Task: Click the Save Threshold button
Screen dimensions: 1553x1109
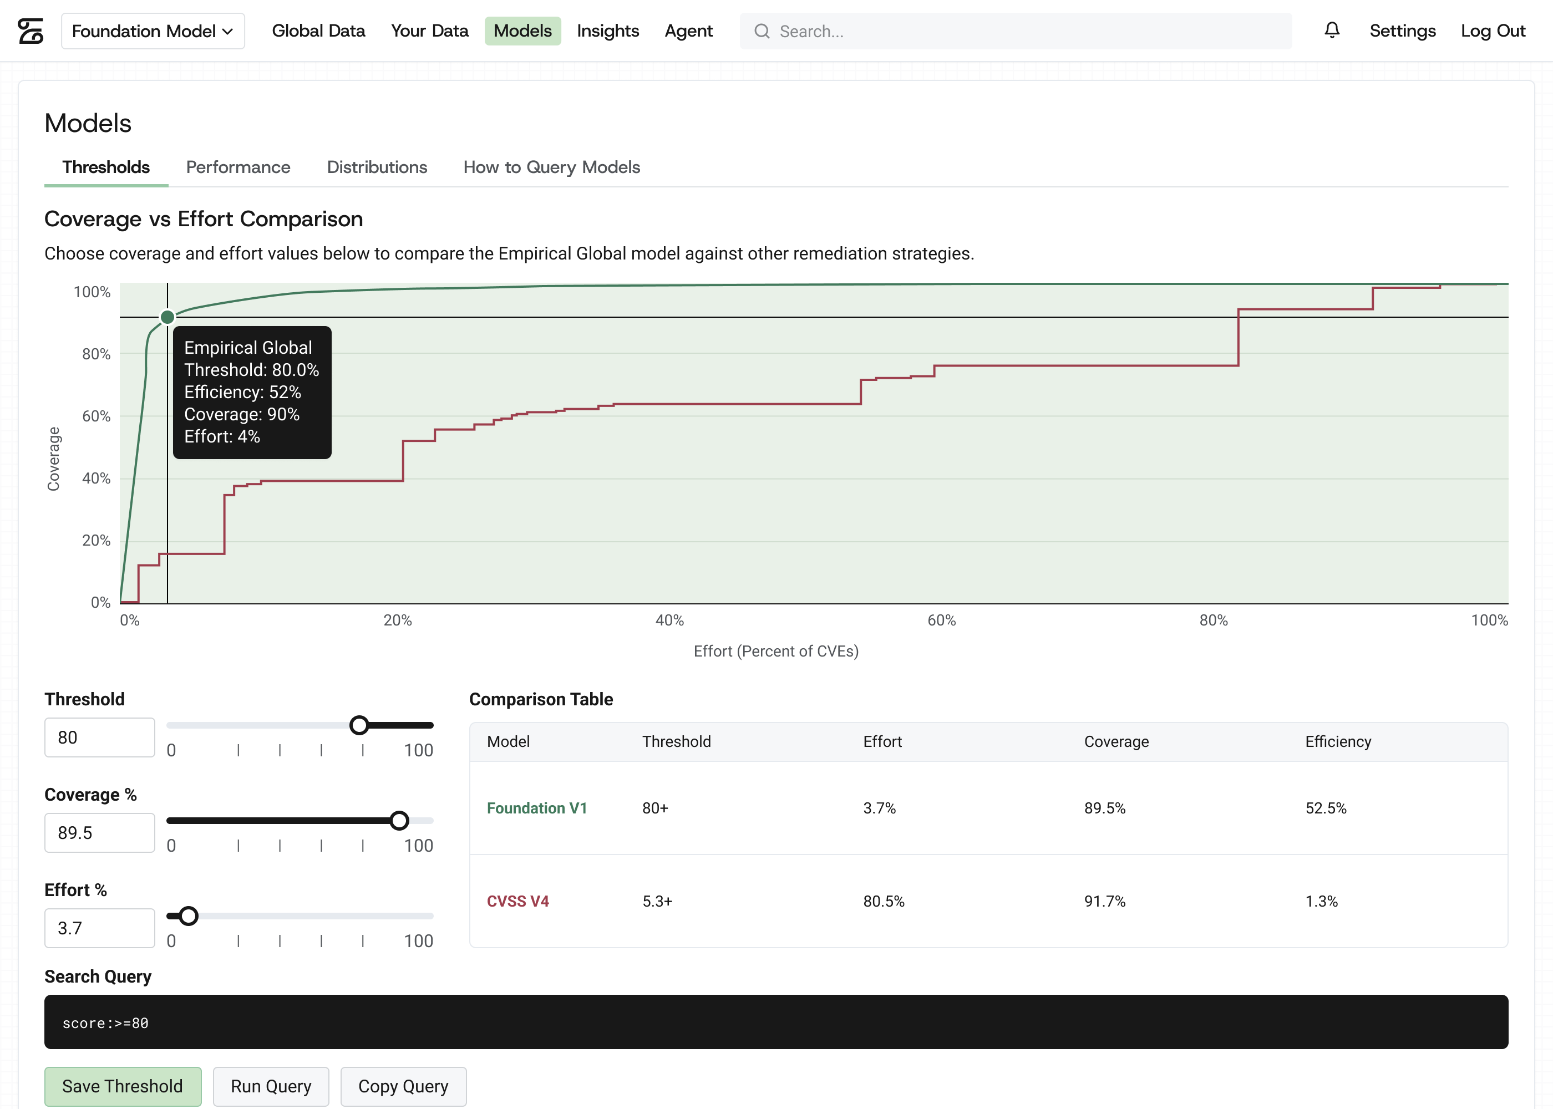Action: coord(123,1086)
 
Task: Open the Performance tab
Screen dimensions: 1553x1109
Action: coord(238,167)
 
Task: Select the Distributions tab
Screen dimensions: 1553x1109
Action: coord(377,167)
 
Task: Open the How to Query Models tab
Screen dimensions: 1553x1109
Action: coord(552,167)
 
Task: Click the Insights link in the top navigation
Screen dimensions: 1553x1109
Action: coord(608,30)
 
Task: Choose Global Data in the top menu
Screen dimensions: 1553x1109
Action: coord(318,30)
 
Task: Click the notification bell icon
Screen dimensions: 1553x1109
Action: coord(1332,30)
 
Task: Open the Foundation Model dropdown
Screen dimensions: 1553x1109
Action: coord(153,30)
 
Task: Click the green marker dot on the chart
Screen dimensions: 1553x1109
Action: coord(168,317)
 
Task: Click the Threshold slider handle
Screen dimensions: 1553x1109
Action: coord(359,725)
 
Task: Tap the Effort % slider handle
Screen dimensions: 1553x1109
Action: coord(189,915)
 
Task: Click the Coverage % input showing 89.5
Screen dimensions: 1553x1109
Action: coord(100,832)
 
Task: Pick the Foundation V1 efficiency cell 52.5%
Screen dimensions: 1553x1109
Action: coord(1326,808)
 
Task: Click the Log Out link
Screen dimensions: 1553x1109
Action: coord(1493,30)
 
